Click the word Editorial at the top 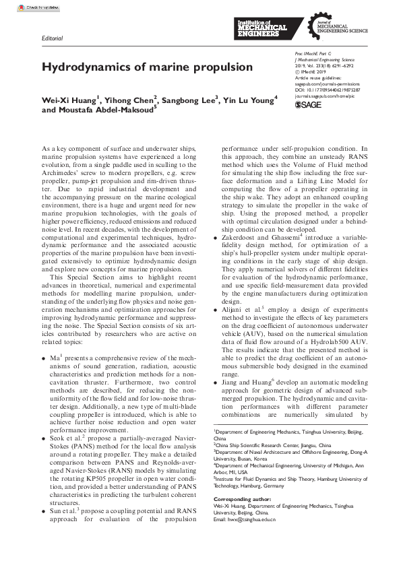tap(52, 38)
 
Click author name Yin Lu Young tap(249, 100)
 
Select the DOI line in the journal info tap(328, 89)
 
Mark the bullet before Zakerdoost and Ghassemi tap(216, 257)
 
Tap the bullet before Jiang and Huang tap(216, 382)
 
